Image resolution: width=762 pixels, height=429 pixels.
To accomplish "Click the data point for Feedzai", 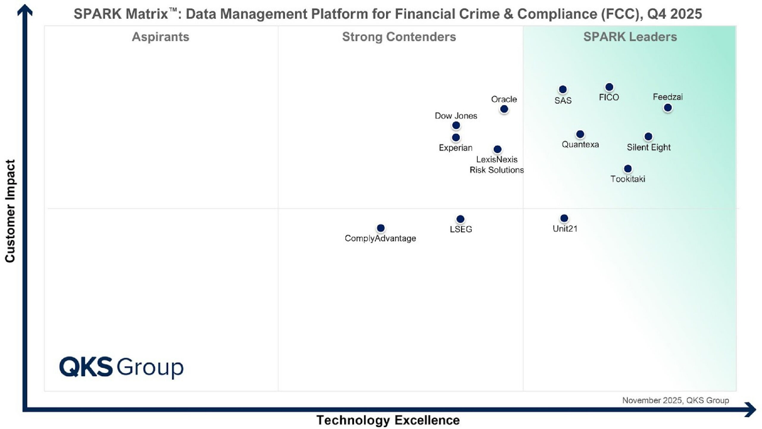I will (668, 108).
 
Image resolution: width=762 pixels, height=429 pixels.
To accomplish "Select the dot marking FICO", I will (609, 87).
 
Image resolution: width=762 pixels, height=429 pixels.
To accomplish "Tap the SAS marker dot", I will (563, 89).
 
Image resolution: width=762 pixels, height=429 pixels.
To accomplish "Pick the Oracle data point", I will (504, 109).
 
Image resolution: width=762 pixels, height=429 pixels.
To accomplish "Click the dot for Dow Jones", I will (456, 125).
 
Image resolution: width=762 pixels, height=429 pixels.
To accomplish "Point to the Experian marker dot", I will (456, 138).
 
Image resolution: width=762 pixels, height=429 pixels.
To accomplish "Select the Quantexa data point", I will (580, 134).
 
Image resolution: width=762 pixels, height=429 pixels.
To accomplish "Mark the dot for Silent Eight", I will (648, 137).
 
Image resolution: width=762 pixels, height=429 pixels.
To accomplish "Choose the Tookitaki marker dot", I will (628, 169).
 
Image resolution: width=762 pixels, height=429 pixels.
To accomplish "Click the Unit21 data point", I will (564, 218).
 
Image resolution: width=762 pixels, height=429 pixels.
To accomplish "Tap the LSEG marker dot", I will (460, 219).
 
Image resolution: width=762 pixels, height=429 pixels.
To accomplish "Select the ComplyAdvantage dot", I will (381, 228).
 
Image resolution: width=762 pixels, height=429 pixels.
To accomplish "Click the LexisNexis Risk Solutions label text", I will (497, 164).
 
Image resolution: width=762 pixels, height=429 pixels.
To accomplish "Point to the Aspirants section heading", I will (160, 37).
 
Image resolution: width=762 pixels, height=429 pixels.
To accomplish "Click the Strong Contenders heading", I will (399, 37).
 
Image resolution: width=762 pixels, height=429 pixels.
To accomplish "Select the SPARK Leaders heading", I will (630, 37).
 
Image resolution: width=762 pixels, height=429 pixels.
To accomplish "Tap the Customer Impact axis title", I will (10, 211).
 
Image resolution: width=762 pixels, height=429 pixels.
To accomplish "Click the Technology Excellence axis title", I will (388, 420).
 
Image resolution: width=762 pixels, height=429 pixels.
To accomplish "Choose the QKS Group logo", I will (121, 367).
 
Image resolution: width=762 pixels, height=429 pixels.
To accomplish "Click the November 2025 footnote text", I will (675, 400).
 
